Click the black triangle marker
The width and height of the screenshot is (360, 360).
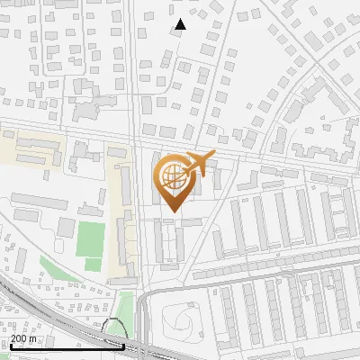[180, 24]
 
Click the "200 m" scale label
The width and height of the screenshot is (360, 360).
[24, 338]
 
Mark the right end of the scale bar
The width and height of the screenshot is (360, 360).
[124, 346]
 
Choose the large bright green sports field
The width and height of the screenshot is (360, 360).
[90, 239]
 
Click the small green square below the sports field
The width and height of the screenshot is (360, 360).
[93, 264]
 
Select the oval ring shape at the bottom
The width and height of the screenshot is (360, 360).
[181, 318]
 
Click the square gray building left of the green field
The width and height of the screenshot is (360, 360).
[66, 227]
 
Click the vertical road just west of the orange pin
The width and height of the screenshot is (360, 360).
[137, 198]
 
